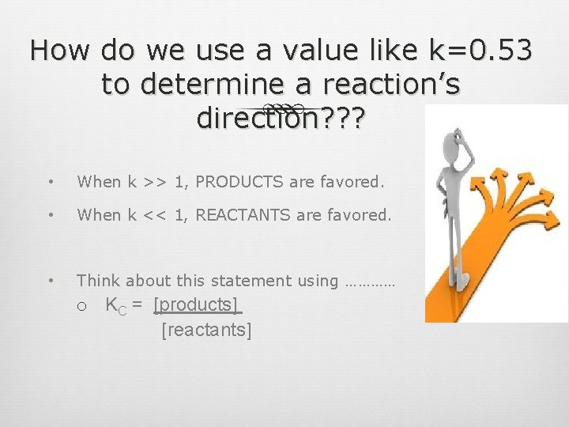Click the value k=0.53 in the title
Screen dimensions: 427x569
point(480,51)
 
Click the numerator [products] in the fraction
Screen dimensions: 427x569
point(196,305)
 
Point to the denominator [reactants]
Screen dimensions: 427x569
point(206,330)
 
